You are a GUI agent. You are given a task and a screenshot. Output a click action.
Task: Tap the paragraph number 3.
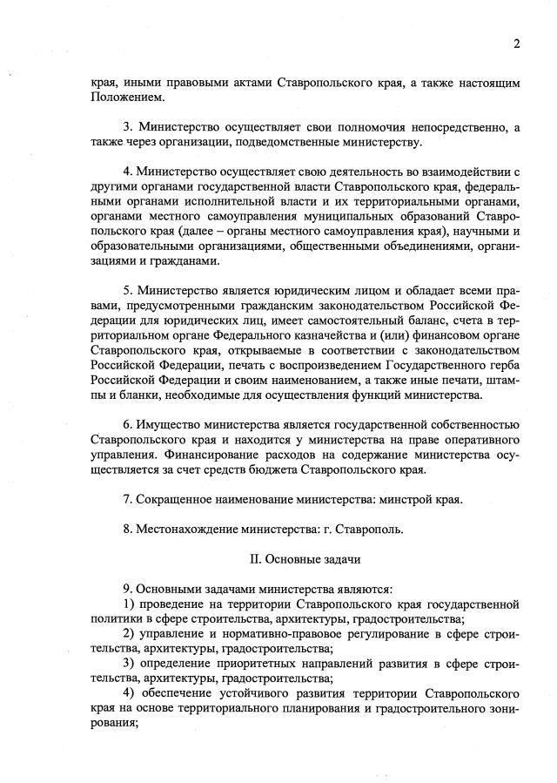tap(127, 127)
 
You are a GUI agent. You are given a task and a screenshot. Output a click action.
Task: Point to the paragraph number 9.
tap(127, 588)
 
